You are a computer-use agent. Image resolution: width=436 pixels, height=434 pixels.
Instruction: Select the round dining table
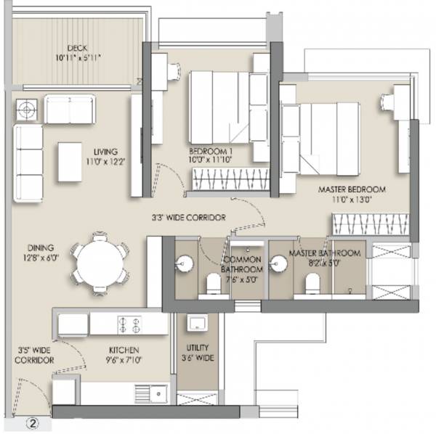pos(102,263)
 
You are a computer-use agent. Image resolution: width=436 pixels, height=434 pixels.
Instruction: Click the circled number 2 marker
pos(32,420)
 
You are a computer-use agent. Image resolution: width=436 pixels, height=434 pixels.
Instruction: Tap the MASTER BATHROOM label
pos(324,258)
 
